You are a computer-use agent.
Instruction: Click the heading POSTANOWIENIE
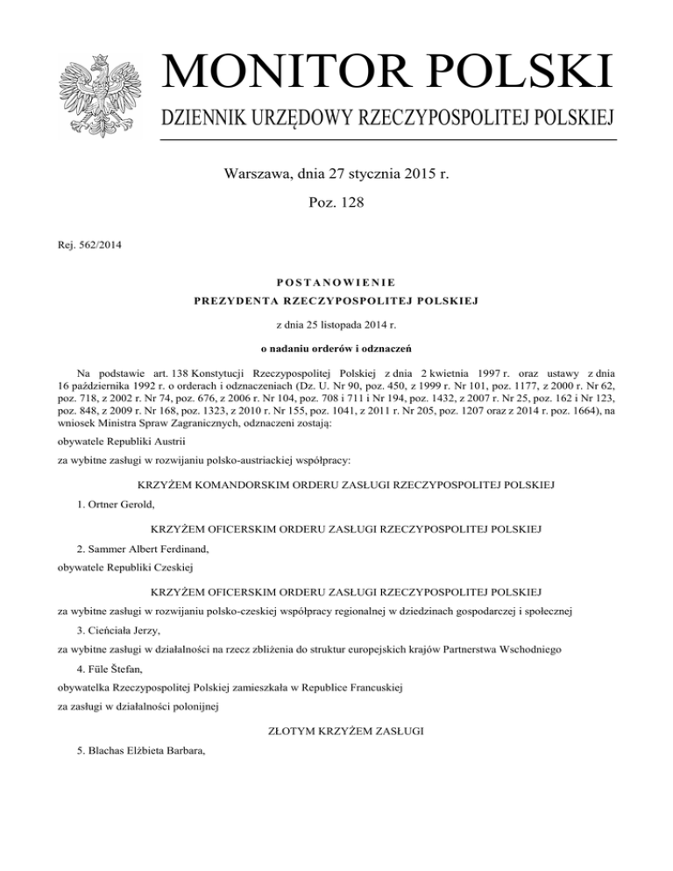point(336,282)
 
